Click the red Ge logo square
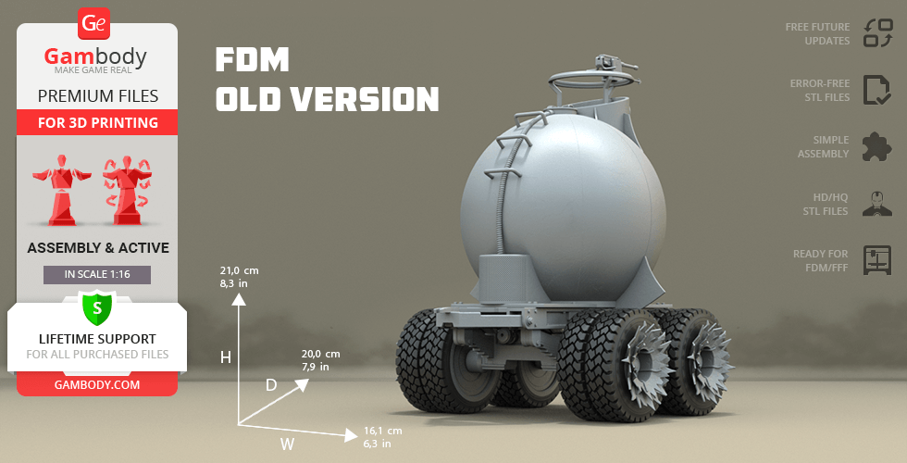(93, 24)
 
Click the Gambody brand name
(95, 56)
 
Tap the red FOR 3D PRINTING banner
(97, 122)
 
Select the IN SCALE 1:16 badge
(97, 274)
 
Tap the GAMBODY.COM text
(97, 385)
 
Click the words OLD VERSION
(328, 99)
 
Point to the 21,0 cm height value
(239, 270)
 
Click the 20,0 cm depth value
(320, 354)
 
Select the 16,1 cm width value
(383, 431)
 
